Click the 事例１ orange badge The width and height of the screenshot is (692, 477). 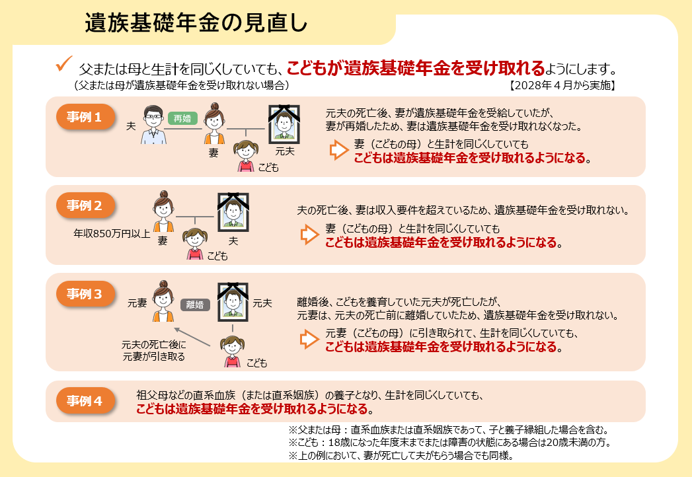tap(85, 117)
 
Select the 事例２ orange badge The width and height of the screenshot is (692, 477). tap(85, 205)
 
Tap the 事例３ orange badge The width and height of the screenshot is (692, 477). tap(85, 294)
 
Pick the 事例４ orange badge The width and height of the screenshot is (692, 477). tap(85, 400)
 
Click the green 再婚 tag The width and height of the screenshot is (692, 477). tap(182, 118)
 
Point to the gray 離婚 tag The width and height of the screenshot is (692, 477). tap(195, 305)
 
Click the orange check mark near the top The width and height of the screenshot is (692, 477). tap(63, 63)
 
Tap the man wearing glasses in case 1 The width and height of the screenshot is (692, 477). tap(153, 125)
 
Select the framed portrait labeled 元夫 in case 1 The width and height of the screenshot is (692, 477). tap(284, 124)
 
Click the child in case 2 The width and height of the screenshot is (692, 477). tap(194, 244)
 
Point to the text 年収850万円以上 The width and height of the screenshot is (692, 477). tap(112, 233)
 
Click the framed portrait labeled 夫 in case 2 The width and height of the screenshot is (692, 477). tap(233, 212)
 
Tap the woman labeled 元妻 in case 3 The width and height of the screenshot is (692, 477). tap(163, 301)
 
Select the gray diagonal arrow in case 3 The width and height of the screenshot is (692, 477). tap(192, 337)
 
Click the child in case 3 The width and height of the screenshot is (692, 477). tap(232, 351)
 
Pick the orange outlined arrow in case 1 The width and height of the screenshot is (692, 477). tap(339, 150)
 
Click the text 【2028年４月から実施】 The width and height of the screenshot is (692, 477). tap(562, 85)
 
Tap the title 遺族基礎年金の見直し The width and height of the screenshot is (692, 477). tap(196, 23)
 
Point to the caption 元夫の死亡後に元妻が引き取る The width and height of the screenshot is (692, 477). tap(153, 350)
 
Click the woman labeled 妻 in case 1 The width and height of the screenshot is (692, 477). tap(215, 124)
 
